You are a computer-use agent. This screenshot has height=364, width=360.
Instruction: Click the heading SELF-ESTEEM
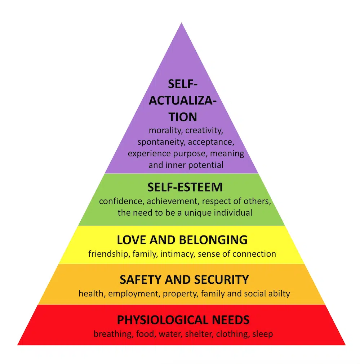click(185, 187)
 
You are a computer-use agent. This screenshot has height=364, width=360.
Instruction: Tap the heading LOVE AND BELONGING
click(182, 240)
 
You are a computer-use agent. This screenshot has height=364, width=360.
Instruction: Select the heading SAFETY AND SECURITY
click(184, 279)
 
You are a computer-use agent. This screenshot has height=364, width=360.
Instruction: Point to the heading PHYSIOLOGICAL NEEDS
click(183, 320)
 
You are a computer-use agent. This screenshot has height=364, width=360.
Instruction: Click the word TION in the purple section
click(183, 117)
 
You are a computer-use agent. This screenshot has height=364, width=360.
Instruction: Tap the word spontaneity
click(161, 142)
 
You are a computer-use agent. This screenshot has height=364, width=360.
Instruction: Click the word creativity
click(204, 131)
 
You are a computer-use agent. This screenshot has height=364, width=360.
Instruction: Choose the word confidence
click(122, 201)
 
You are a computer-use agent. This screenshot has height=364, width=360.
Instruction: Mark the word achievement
click(173, 201)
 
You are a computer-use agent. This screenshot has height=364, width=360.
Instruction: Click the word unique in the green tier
click(198, 213)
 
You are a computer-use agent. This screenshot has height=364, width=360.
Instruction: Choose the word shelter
click(199, 334)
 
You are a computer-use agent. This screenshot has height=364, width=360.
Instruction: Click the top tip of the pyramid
click(182, 23)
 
